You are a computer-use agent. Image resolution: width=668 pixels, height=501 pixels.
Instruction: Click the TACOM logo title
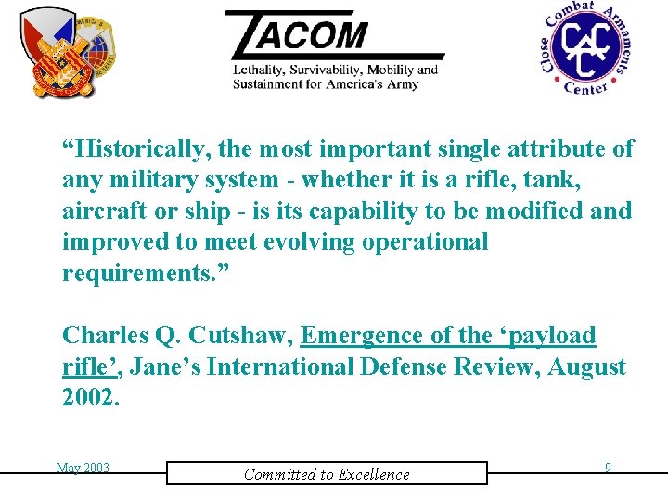pos(306,34)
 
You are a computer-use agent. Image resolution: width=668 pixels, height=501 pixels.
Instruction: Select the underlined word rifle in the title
pos(86,366)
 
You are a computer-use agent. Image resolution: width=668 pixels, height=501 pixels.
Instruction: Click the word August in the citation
pos(586,366)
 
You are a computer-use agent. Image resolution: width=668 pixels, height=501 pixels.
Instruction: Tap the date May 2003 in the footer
pos(83,468)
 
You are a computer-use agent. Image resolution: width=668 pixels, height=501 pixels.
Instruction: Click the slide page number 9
pos(608,468)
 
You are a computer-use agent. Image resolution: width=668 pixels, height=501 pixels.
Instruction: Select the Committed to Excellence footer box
pos(327,473)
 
